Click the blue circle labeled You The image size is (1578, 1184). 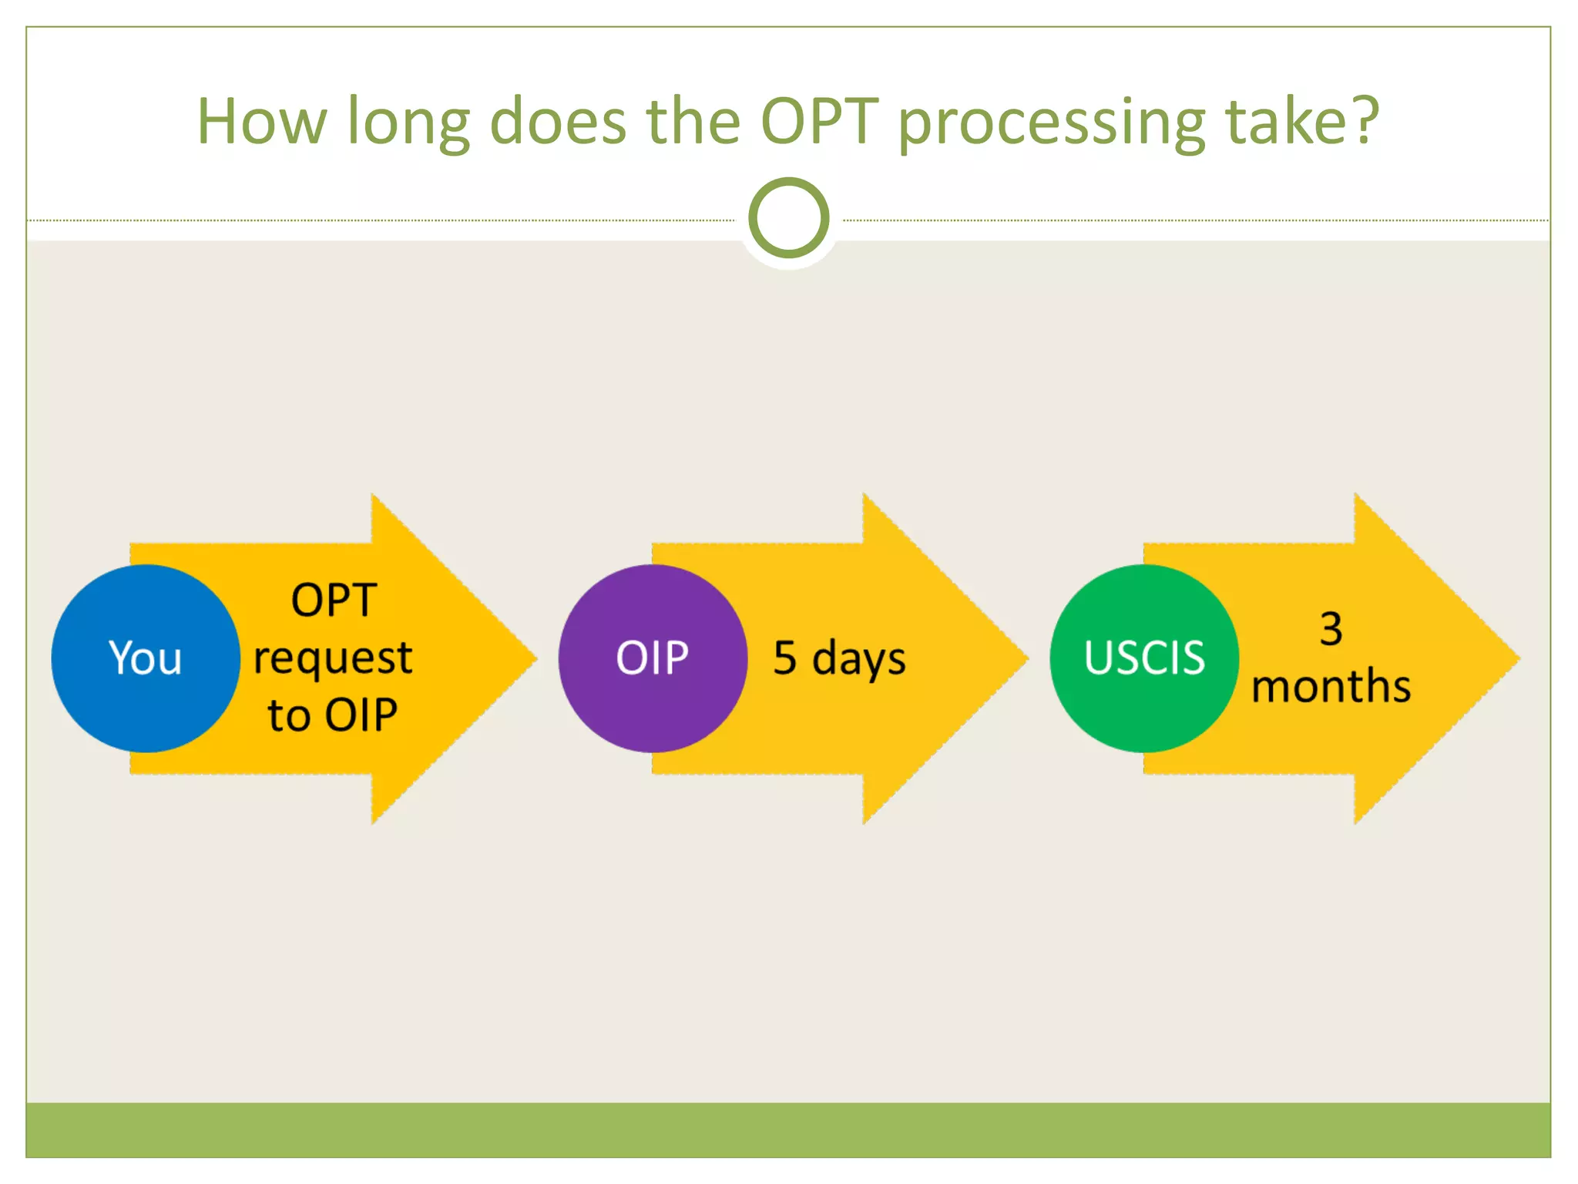[x=146, y=658]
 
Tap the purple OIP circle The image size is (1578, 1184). [x=653, y=658]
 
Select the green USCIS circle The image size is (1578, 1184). [x=1144, y=658]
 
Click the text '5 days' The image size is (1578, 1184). [x=839, y=658]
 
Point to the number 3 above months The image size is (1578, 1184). [x=1331, y=628]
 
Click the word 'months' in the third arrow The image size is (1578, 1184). [x=1331, y=686]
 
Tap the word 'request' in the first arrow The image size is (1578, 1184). [x=333, y=658]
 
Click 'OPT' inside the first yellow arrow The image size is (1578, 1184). [x=334, y=600]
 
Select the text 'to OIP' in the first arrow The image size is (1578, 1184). [x=333, y=715]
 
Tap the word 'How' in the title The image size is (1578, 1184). [x=262, y=121]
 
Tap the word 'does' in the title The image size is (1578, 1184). [x=558, y=121]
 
